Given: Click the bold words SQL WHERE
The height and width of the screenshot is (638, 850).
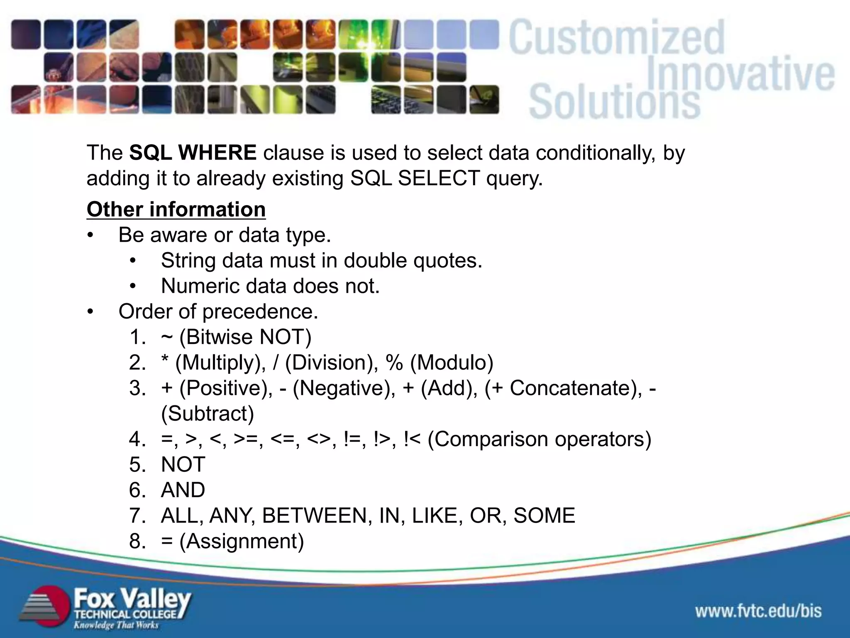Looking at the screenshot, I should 193,153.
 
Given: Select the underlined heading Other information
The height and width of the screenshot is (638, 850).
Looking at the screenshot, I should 176,209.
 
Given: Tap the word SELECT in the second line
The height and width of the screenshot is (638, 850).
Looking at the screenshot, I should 439,179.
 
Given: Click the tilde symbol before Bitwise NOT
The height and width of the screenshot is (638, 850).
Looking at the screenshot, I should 166,337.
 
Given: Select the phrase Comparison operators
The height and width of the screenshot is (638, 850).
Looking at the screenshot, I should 539,439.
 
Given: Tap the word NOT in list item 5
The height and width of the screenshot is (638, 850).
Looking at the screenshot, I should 183,465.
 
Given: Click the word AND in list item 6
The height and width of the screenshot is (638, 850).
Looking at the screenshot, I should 183,490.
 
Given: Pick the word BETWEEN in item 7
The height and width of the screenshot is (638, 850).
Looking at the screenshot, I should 315,516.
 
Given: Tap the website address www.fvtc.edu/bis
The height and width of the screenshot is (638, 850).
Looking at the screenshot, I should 758,611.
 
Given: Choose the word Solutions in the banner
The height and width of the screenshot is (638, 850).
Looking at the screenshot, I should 614,102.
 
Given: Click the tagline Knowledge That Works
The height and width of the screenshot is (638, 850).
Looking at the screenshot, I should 116,625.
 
